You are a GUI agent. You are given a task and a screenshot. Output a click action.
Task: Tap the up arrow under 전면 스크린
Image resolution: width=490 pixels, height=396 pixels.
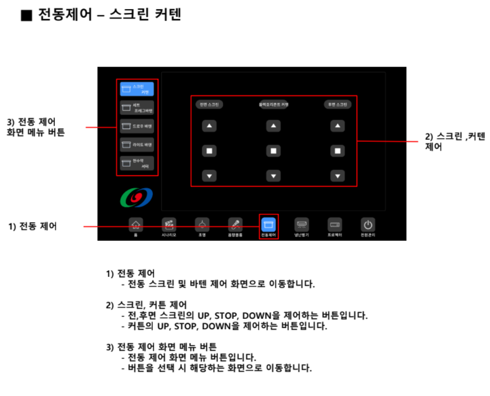click(x=209, y=127)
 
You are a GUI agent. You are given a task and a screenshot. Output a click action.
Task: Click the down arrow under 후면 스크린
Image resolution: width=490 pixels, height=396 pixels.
click(x=338, y=176)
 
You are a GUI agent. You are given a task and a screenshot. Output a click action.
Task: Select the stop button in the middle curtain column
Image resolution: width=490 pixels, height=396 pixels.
click(x=273, y=151)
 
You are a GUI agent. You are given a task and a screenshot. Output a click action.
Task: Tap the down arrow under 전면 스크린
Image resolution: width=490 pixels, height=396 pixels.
click(x=209, y=176)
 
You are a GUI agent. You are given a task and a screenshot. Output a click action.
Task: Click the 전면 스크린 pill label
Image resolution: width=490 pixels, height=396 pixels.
click(x=209, y=105)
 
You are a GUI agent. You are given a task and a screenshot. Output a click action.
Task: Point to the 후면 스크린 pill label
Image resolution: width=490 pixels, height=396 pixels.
click(x=338, y=105)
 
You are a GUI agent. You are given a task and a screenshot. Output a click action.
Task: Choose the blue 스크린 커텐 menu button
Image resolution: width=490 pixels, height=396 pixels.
click(x=137, y=89)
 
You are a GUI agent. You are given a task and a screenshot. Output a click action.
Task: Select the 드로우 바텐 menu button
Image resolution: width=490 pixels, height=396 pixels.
click(x=137, y=126)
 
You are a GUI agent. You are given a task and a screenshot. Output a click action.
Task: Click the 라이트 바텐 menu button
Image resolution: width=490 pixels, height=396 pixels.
click(x=137, y=145)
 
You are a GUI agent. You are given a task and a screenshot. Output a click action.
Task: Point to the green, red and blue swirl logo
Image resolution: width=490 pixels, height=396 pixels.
click(x=136, y=197)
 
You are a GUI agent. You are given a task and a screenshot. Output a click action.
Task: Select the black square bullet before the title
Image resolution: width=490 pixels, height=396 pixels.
click(x=26, y=16)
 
